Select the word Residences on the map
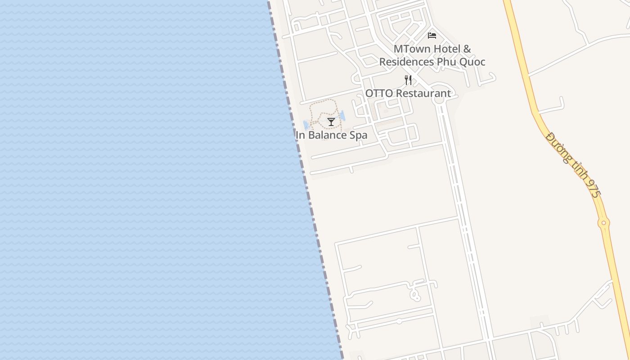point(406,62)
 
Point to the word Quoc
point(472,62)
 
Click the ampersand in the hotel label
point(467,49)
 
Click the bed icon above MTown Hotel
point(432,36)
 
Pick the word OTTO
point(378,94)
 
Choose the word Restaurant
point(423,94)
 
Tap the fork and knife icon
point(408,81)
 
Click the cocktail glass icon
point(331,121)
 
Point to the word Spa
point(359,135)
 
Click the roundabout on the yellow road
point(603,222)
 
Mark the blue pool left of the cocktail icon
point(306,125)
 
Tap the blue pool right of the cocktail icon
point(342,116)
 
